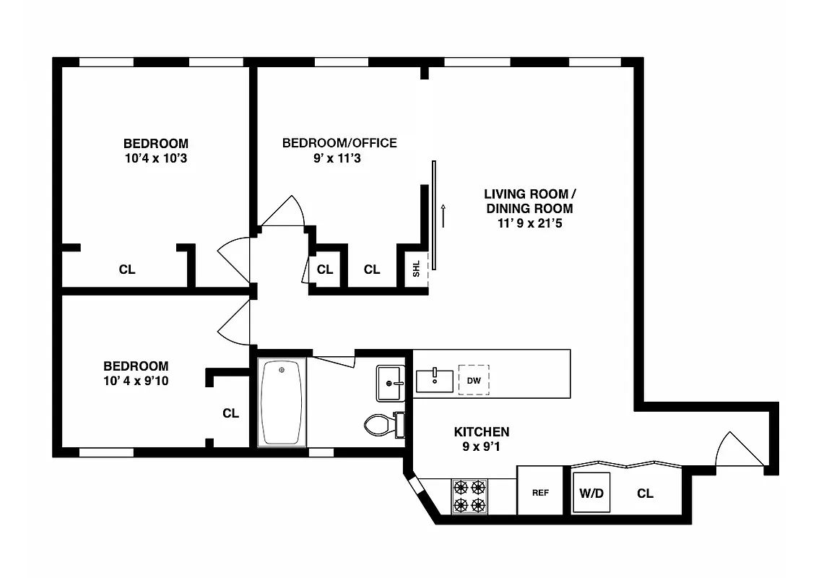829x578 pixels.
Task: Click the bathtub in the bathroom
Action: click(x=282, y=403)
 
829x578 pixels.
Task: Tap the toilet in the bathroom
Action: click(x=379, y=424)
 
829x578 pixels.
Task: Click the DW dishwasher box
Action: click(x=474, y=380)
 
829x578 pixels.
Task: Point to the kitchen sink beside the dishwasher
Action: click(x=435, y=380)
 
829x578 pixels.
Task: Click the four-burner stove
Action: click(x=469, y=496)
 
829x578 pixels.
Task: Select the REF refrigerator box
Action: click(x=540, y=493)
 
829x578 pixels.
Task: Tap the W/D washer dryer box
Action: click(x=591, y=493)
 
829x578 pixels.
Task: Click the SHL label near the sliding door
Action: click(x=416, y=269)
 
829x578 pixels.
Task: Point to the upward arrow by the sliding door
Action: click(x=443, y=215)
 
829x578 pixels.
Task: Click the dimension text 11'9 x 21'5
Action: click(x=529, y=223)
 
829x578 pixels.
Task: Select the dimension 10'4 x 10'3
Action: click(x=155, y=158)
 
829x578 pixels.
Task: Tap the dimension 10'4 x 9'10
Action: click(x=136, y=381)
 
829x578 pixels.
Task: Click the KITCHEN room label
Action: click(x=481, y=432)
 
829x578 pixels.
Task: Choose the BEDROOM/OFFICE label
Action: click(x=339, y=143)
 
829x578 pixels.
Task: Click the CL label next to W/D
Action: click(x=645, y=493)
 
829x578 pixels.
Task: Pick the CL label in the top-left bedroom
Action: click(x=127, y=269)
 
